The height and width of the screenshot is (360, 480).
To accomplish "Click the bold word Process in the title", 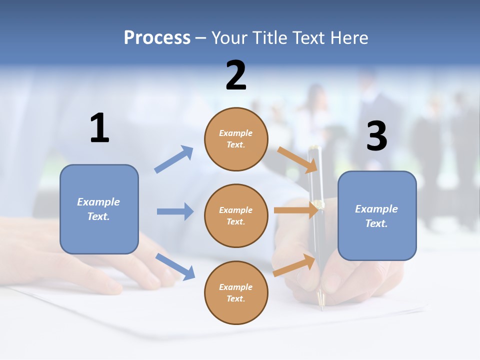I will pos(157,37).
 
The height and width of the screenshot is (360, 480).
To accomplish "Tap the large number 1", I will pos(99,128).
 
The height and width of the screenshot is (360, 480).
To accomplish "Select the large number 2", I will pos(236,75).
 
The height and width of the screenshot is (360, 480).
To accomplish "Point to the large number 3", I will pos(376,136).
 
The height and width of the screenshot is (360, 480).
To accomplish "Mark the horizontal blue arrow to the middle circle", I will pos(175,211).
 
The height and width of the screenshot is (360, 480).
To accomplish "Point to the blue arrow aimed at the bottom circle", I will pos(175,266).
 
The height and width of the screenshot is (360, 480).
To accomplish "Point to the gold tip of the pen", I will pos(321,300).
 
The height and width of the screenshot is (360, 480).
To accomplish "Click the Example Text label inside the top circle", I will pos(236,139).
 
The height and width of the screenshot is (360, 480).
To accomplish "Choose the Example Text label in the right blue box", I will pos(376,216).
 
